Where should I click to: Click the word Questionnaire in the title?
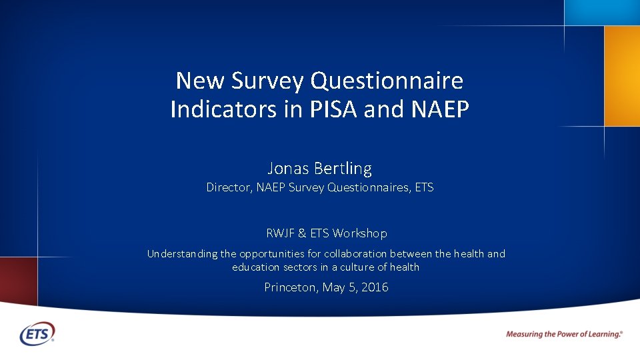(387, 81)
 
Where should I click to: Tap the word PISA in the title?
(336, 109)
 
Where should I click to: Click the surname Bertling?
(341, 168)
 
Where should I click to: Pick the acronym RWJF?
(280, 233)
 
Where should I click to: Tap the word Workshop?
(360, 233)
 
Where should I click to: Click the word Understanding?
(182, 254)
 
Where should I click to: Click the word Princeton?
(291, 287)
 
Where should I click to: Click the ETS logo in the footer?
(37, 333)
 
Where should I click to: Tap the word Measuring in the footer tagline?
(524, 334)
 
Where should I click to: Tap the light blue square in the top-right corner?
(601, 12)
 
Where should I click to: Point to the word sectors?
(288, 267)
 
